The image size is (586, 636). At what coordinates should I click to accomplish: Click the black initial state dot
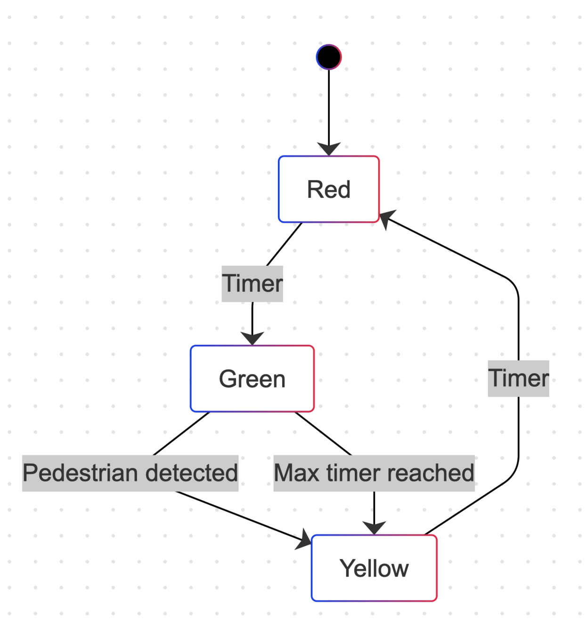click(329, 57)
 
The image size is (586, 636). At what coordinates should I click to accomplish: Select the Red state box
click(329, 189)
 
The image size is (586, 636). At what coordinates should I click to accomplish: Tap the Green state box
click(252, 379)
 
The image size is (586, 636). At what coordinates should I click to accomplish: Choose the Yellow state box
click(374, 568)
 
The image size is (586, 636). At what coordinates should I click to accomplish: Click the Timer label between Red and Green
click(252, 284)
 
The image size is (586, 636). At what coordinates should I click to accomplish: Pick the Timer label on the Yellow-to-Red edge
click(518, 378)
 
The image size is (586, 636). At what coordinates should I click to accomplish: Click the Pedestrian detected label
click(130, 473)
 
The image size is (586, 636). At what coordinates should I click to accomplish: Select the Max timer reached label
click(374, 473)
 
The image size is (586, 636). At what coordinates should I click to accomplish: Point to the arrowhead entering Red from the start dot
click(329, 149)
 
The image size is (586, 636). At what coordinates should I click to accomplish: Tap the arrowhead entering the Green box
click(252, 338)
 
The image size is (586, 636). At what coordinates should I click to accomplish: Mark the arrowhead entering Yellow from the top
click(374, 528)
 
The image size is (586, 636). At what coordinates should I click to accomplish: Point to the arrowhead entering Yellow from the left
click(304, 540)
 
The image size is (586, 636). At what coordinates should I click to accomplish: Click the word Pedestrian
click(77, 473)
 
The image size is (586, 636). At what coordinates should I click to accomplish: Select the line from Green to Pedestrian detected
click(181, 433)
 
